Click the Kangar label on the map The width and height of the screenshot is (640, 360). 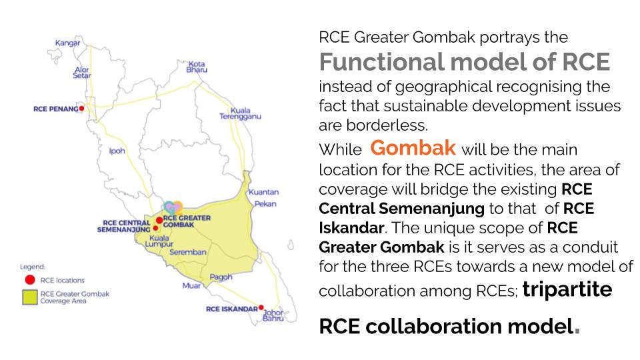[x=68, y=43]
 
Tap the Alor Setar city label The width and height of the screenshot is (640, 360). [x=81, y=72]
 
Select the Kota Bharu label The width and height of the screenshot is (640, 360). [x=197, y=67]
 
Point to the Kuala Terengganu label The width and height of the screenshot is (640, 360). [x=240, y=113]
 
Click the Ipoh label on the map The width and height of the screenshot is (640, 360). [x=117, y=151]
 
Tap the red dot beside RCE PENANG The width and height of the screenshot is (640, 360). [x=81, y=109]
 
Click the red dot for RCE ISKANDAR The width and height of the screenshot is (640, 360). [x=261, y=307]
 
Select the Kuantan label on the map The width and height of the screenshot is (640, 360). [x=264, y=192]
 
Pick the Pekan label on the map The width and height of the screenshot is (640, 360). [x=265, y=204]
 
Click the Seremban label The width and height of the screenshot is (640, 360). [x=188, y=252]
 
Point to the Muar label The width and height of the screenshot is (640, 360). [x=191, y=285]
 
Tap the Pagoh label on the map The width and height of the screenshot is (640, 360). [x=221, y=277]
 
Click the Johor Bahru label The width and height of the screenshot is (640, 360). [x=273, y=315]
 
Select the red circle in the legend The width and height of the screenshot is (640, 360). [x=30, y=279]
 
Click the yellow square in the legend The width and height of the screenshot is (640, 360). [x=30, y=297]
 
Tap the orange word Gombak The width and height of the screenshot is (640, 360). [x=413, y=147]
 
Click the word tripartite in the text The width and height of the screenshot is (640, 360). [x=567, y=289]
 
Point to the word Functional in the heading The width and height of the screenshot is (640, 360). [x=381, y=61]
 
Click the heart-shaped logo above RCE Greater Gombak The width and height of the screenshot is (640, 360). [x=173, y=208]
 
